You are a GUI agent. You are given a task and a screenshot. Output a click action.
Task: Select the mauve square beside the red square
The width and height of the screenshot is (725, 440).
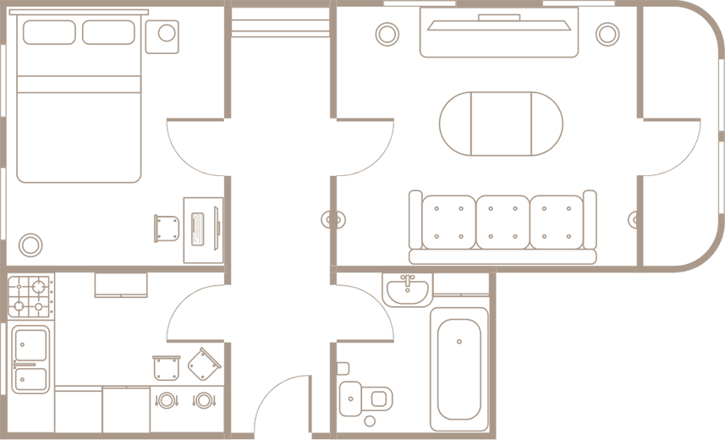255,132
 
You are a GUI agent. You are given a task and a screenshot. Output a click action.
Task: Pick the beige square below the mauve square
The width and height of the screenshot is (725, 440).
255,161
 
